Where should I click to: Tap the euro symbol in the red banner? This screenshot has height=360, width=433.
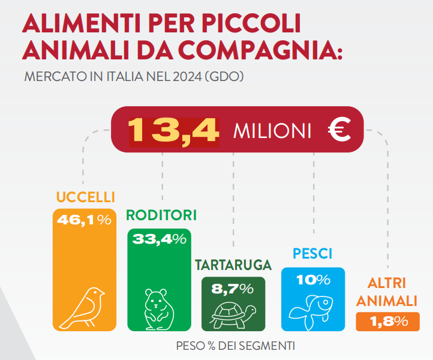click(339, 130)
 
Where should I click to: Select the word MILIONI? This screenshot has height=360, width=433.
click(272, 131)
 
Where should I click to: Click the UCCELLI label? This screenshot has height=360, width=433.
click(86, 197)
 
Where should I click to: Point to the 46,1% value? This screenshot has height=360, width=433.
click(84, 220)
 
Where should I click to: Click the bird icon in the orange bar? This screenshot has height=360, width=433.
click(82, 308)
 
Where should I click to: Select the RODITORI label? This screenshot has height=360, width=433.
click(161, 215)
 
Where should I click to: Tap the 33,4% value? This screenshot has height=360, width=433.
click(160, 239)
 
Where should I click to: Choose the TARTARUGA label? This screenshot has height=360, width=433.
click(233, 265)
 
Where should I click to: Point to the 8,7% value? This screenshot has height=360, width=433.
click(233, 289)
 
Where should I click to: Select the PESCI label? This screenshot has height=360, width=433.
click(312, 254)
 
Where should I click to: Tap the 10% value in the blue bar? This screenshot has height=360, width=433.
click(313, 280)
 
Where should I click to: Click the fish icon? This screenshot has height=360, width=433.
click(311, 312)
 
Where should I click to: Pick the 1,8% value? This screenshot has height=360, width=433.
click(389, 322)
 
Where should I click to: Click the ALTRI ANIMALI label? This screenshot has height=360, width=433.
click(387, 292)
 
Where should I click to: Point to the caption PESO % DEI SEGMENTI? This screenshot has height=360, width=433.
click(235, 346)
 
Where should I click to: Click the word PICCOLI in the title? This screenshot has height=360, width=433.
click(251, 23)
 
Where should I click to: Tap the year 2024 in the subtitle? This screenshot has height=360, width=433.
click(187, 77)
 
